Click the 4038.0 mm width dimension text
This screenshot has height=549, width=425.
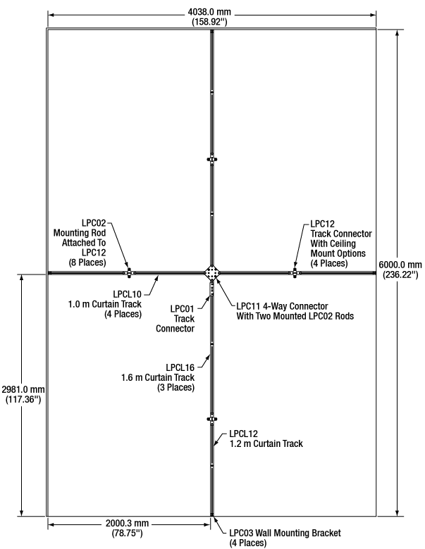pos(212,12)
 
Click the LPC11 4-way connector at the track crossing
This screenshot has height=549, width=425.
pos(211,272)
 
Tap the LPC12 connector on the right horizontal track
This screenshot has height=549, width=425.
pos(295,272)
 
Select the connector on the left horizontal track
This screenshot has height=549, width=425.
pos(128,272)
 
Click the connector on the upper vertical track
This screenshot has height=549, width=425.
pos(211,159)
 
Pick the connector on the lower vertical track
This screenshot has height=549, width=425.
pos(211,419)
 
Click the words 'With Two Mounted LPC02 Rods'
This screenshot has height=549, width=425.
pos(295,317)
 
